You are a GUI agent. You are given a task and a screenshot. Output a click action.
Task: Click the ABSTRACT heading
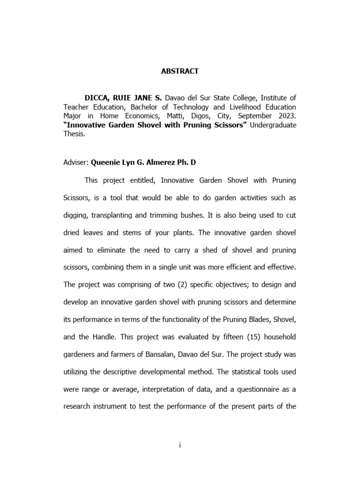[180, 71]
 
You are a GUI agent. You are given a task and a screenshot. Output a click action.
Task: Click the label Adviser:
[75, 163]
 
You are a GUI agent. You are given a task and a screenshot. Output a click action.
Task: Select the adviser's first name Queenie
[106, 163]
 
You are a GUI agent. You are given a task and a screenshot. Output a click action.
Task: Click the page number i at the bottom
[180, 445]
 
